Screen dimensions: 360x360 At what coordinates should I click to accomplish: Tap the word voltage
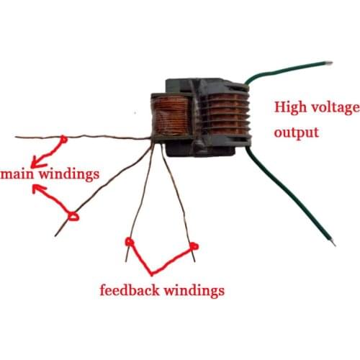[333, 109]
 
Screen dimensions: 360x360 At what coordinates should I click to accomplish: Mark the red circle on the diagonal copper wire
[73, 215]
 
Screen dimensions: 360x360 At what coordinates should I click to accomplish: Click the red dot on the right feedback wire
[194, 247]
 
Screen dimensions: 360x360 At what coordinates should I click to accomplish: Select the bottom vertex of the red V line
[152, 273]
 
